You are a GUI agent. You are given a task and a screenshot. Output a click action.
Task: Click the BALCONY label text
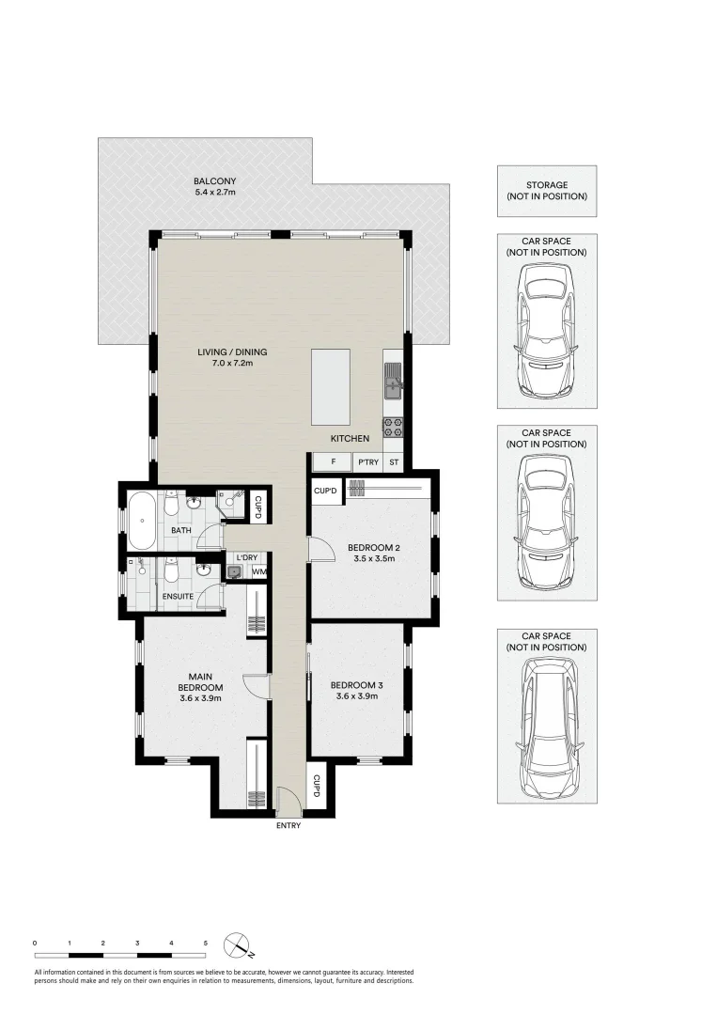tap(214, 181)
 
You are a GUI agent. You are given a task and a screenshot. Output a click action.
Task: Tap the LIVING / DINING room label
tap(226, 353)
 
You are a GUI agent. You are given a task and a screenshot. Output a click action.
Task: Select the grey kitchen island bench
tap(330, 386)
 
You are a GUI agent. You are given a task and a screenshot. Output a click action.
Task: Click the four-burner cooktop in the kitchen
tap(393, 428)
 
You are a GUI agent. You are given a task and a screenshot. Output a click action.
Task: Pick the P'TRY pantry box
tap(366, 462)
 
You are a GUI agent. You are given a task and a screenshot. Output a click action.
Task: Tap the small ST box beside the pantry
tap(394, 462)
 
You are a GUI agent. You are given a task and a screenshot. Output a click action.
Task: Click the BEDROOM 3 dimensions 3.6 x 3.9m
tap(356, 696)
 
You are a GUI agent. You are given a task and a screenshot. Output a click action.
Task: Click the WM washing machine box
tap(257, 571)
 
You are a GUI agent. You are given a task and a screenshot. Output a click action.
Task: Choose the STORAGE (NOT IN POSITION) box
tap(546, 191)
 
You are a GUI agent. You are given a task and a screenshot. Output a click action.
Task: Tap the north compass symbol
tap(237, 944)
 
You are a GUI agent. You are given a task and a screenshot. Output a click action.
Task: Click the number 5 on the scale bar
tap(205, 942)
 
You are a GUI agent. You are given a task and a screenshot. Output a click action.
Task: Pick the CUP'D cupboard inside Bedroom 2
tap(325, 491)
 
